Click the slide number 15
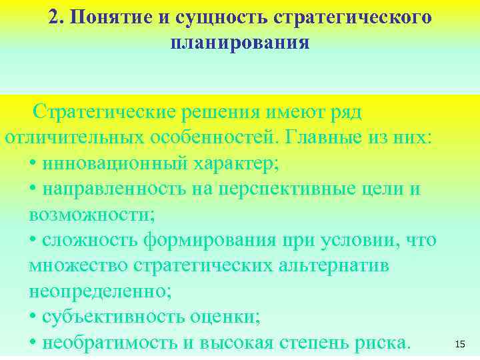[x=459, y=344]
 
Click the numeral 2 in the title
[x=54, y=17]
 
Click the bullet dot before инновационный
[x=33, y=164]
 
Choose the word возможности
[x=90, y=215]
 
